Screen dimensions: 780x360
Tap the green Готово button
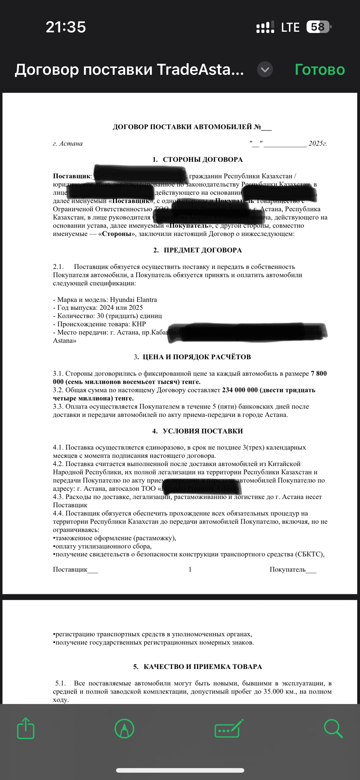click(319, 70)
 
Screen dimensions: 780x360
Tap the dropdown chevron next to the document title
click(265, 70)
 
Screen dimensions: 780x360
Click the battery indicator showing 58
click(318, 27)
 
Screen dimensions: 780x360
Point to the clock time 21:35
click(66, 27)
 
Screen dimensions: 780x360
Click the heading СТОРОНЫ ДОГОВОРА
click(202, 160)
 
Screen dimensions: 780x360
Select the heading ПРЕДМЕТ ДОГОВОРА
click(202, 250)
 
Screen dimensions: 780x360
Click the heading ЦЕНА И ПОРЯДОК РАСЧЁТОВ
click(197, 357)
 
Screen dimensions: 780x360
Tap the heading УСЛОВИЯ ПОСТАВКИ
click(202, 431)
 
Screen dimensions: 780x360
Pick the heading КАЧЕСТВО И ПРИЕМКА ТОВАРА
click(202, 667)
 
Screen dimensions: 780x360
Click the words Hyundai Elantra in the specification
click(133, 300)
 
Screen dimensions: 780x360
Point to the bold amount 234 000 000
click(240, 390)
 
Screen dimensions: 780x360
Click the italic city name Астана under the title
click(71, 144)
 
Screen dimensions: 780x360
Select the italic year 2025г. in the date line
click(318, 144)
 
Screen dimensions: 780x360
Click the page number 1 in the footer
click(190, 569)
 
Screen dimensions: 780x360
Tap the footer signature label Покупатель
click(287, 569)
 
